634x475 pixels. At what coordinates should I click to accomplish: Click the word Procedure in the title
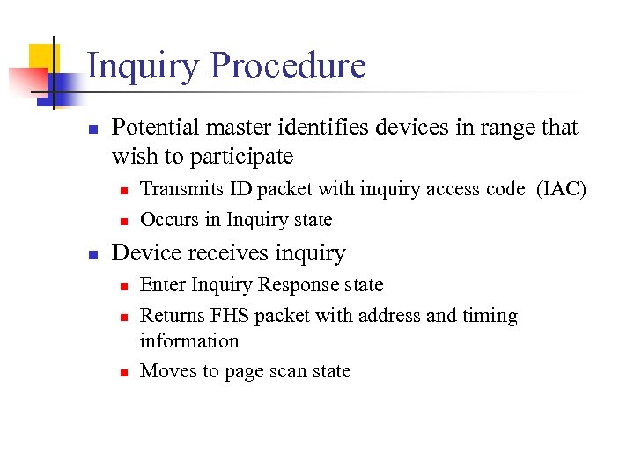point(288,67)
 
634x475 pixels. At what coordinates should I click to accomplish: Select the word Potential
point(155,128)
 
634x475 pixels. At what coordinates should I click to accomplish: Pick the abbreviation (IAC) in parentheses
point(561,189)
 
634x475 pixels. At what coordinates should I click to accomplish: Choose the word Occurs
point(169,220)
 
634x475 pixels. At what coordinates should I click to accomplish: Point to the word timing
point(489,316)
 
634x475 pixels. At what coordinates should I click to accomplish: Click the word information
point(189,341)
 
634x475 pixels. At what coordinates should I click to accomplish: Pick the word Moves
point(168,372)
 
